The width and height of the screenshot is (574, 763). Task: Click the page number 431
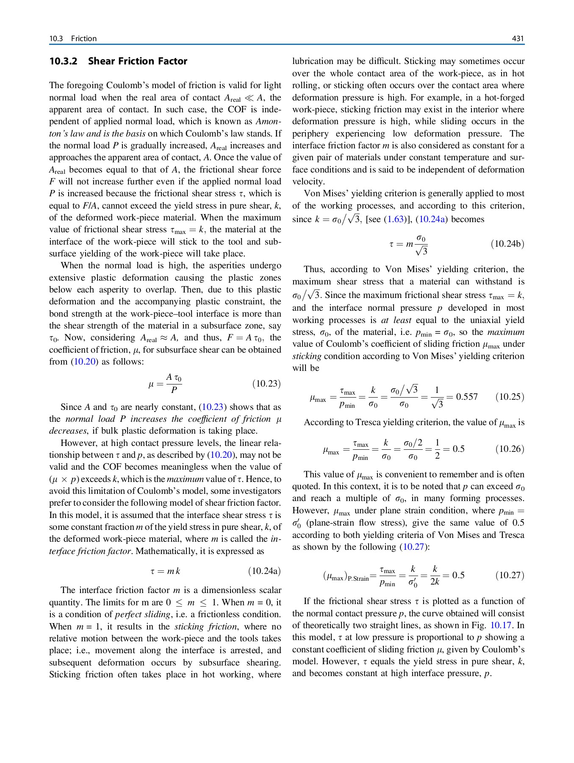tap(518, 39)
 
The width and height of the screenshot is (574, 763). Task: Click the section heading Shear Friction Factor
tap(138, 61)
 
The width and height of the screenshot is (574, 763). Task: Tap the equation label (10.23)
tap(266, 384)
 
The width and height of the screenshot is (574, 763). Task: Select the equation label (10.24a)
tap(264, 571)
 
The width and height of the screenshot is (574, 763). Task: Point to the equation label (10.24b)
tap(507, 244)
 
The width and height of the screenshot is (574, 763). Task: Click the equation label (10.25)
tap(510, 397)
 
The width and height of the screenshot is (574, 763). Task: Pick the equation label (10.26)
tap(510, 449)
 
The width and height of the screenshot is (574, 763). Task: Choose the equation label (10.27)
tap(510, 575)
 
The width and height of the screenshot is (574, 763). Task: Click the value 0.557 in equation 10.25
tap(466, 397)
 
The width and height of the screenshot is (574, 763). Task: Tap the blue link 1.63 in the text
tap(395, 220)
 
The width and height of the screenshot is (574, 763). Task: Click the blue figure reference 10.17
tap(501, 625)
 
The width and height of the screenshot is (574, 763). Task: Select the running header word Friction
tap(84, 39)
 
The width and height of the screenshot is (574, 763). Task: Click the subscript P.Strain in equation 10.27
tap(358, 579)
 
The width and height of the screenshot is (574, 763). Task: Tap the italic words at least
tap(396, 320)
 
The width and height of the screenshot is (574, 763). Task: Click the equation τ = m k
tap(165, 571)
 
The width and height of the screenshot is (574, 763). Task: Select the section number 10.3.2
tap(63, 61)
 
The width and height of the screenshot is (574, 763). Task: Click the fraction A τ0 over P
tap(174, 384)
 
